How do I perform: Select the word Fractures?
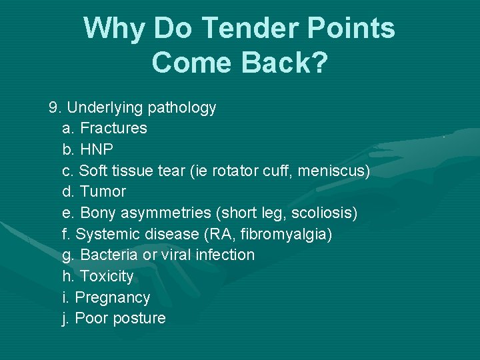(113, 128)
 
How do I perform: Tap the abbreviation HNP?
(97, 149)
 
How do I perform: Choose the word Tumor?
(103, 192)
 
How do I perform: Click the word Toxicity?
(107, 276)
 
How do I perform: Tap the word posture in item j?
(139, 319)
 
